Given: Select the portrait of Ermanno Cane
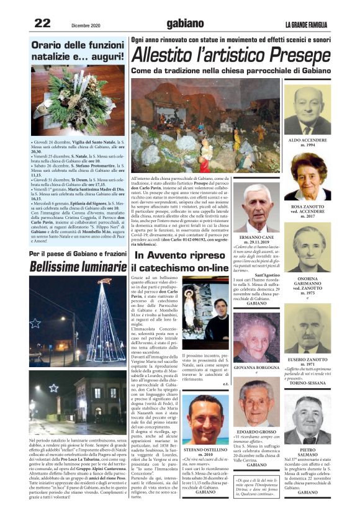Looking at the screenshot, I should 256,208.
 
